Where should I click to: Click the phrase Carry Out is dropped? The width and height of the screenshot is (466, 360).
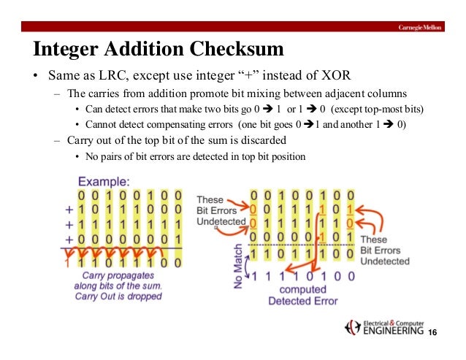point(122,296)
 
